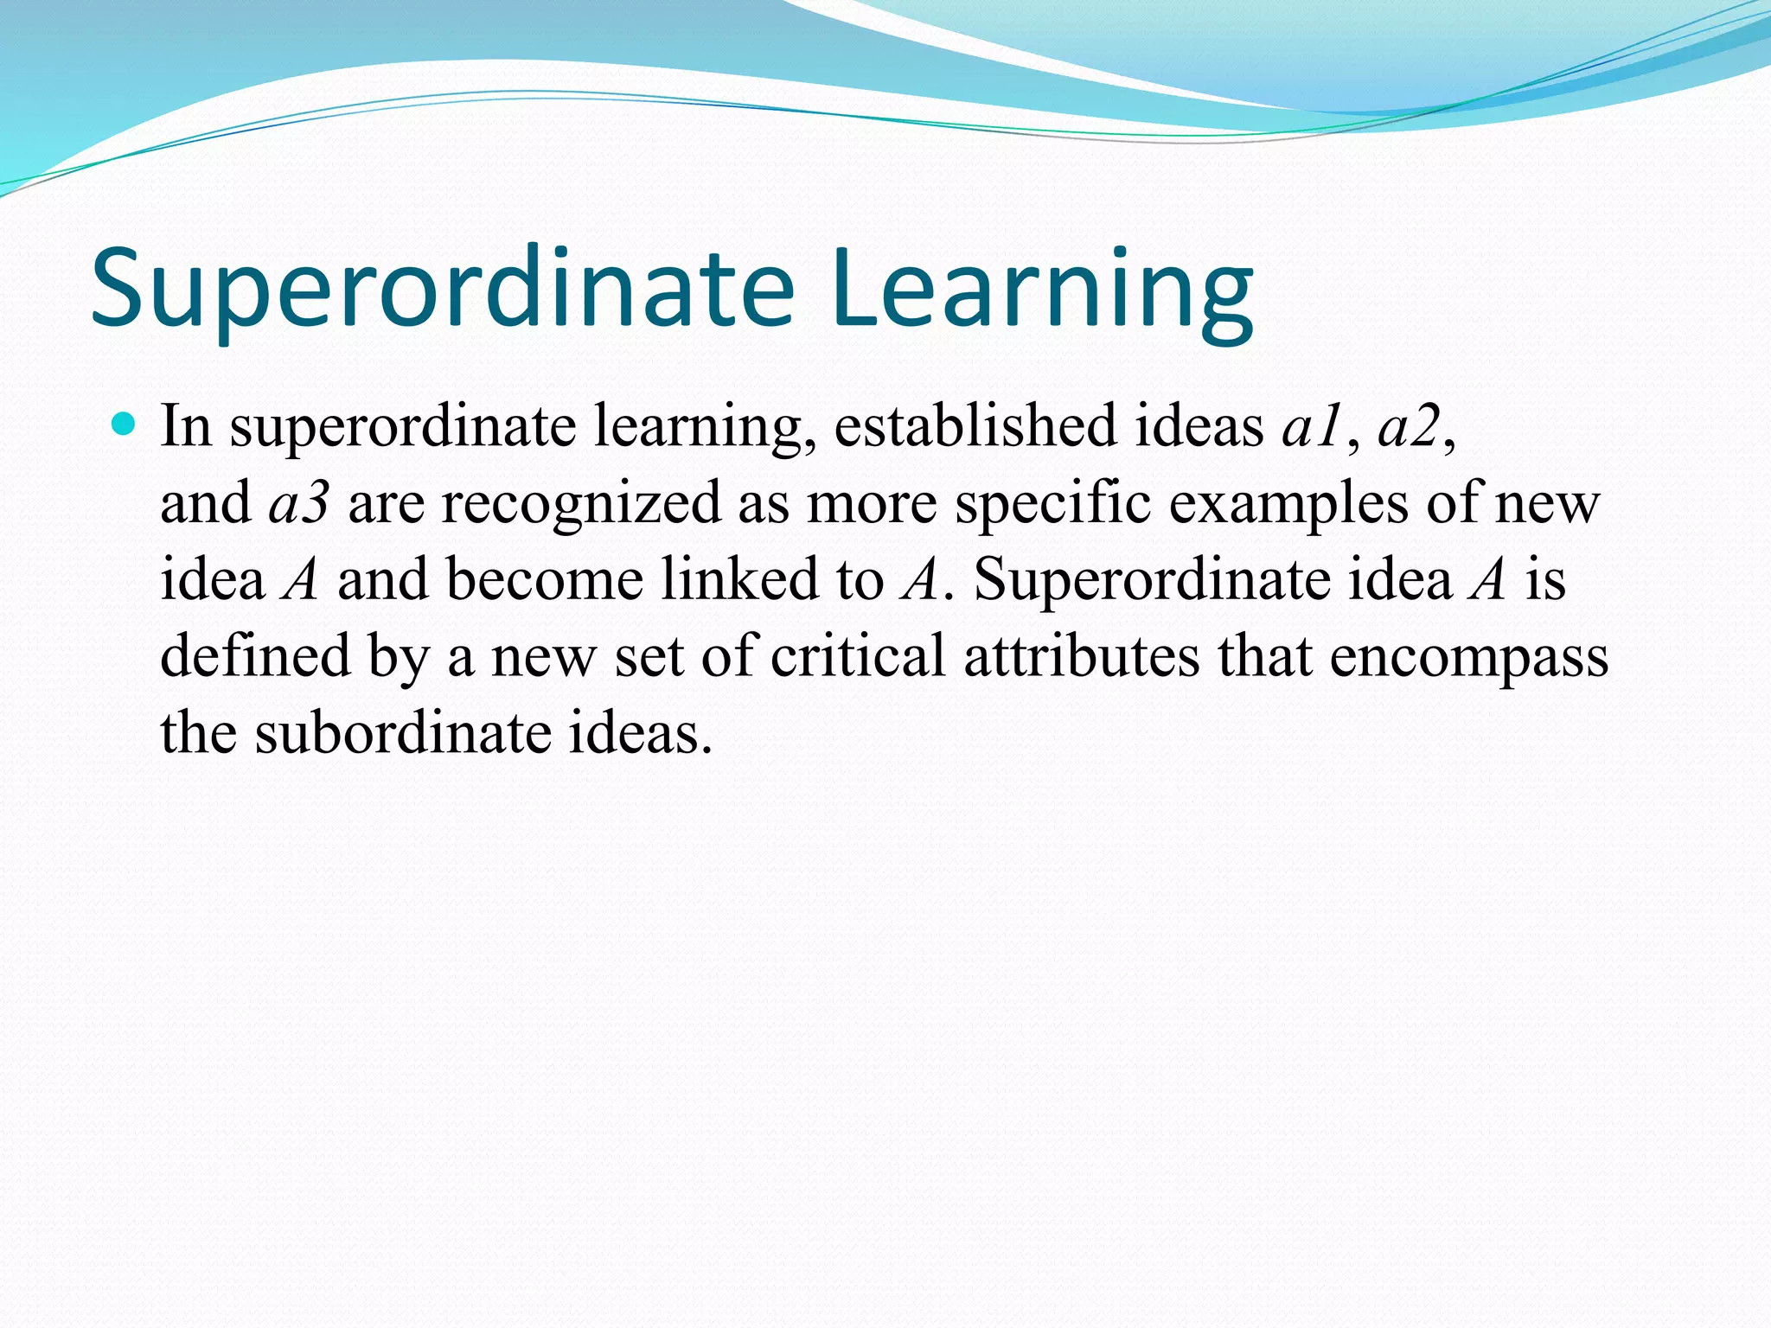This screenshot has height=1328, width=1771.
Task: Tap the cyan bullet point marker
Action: pos(125,424)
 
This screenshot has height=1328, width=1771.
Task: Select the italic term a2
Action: pos(1409,426)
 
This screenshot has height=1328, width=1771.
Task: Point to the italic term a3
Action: pos(298,503)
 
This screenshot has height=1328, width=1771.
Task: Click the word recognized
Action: pos(581,503)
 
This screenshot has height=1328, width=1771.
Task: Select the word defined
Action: pos(255,655)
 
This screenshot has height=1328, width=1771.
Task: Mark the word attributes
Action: pos(1081,655)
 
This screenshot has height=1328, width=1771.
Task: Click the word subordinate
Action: pos(403,732)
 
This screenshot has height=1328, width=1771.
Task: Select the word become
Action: pos(545,579)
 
